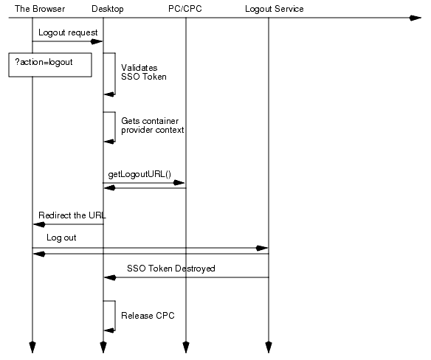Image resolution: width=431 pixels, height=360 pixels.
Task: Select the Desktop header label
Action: coord(108,9)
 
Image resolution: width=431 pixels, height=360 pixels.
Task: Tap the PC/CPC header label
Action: coord(185,9)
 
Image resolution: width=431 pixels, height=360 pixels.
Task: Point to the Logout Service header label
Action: coord(274,9)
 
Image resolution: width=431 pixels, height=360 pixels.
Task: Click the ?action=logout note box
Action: coord(50,64)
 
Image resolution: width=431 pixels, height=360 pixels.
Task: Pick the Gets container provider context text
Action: coord(152,125)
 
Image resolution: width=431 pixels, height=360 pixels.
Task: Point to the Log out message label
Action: coord(61,238)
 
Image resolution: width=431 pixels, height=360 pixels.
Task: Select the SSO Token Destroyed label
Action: coord(171,269)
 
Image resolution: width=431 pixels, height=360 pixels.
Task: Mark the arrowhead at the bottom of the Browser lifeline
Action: coord(32,347)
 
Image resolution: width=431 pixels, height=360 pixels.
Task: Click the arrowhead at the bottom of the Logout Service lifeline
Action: coord(269,347)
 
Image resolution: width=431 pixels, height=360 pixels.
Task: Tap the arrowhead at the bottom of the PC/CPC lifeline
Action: coord(186,347)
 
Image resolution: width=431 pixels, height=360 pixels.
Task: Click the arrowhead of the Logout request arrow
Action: coord(97,42)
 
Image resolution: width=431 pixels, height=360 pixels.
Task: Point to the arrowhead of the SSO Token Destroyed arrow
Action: coord(109,278)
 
